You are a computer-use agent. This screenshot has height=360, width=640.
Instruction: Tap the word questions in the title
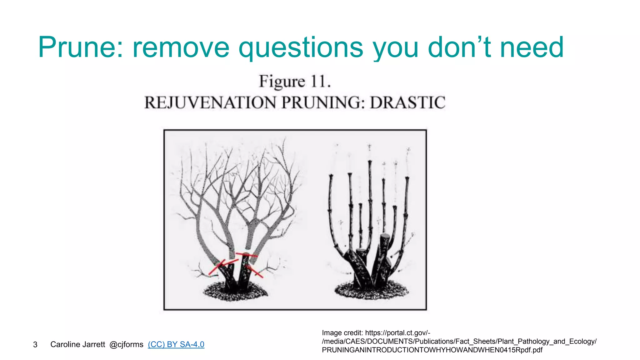(301, 47)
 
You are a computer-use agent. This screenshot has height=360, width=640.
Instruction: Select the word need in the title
(532, 47)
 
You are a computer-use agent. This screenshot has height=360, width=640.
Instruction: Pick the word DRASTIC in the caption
(407, 103)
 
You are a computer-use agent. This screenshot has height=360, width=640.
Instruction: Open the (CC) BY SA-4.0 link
(176, 344)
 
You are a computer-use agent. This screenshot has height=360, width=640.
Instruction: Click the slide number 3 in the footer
(35, 345)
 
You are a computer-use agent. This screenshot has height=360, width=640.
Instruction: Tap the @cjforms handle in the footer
(126, 344)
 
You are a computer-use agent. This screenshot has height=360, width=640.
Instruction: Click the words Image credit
(342, 333)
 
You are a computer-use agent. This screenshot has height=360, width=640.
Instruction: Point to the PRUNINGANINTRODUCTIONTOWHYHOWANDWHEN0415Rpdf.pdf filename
(432, 350)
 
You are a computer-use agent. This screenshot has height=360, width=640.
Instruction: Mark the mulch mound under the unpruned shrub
(235, 292)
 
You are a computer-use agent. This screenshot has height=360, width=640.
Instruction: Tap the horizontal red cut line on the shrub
(247, 255)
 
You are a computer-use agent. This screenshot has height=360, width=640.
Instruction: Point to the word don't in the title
(459, 47)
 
